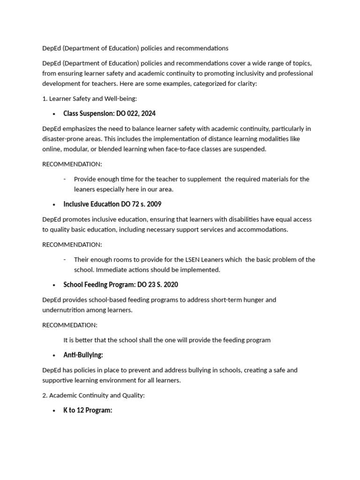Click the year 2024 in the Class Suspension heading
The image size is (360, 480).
tap(148, 113)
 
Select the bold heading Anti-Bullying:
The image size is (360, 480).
tap(83, 355)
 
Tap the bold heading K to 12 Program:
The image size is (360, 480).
tap(88, 410)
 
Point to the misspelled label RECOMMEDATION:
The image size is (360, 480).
tap(70, 325)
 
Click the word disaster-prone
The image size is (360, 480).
tap(64, 139)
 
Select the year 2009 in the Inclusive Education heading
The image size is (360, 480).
tap(153, 204)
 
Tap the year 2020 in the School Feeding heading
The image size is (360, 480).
tap(170, 285)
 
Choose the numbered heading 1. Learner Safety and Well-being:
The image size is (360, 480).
tap(90, 98)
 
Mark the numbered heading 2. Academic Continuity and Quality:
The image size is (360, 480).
tap(93, 395)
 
